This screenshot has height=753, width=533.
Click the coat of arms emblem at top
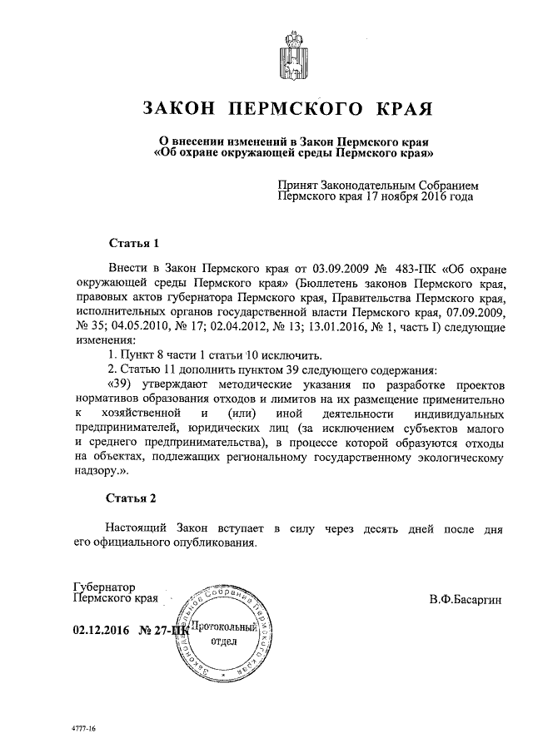point(293,52)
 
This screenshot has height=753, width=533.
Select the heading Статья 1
point(134,244)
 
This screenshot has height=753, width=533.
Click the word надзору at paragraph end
point(96,469)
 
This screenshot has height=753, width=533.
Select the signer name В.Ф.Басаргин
point(466,598)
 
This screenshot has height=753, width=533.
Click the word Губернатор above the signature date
point(104,587)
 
